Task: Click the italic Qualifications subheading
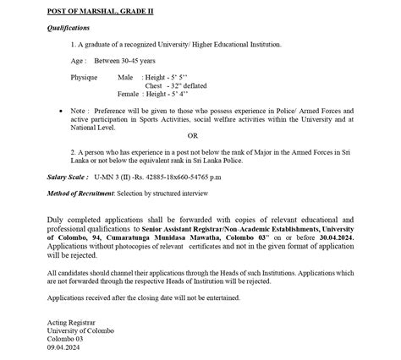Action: [x=67, y=27]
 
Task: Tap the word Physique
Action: [x=84, y=77]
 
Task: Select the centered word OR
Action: [x=192, y=135]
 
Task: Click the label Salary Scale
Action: [x=69, y=177]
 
